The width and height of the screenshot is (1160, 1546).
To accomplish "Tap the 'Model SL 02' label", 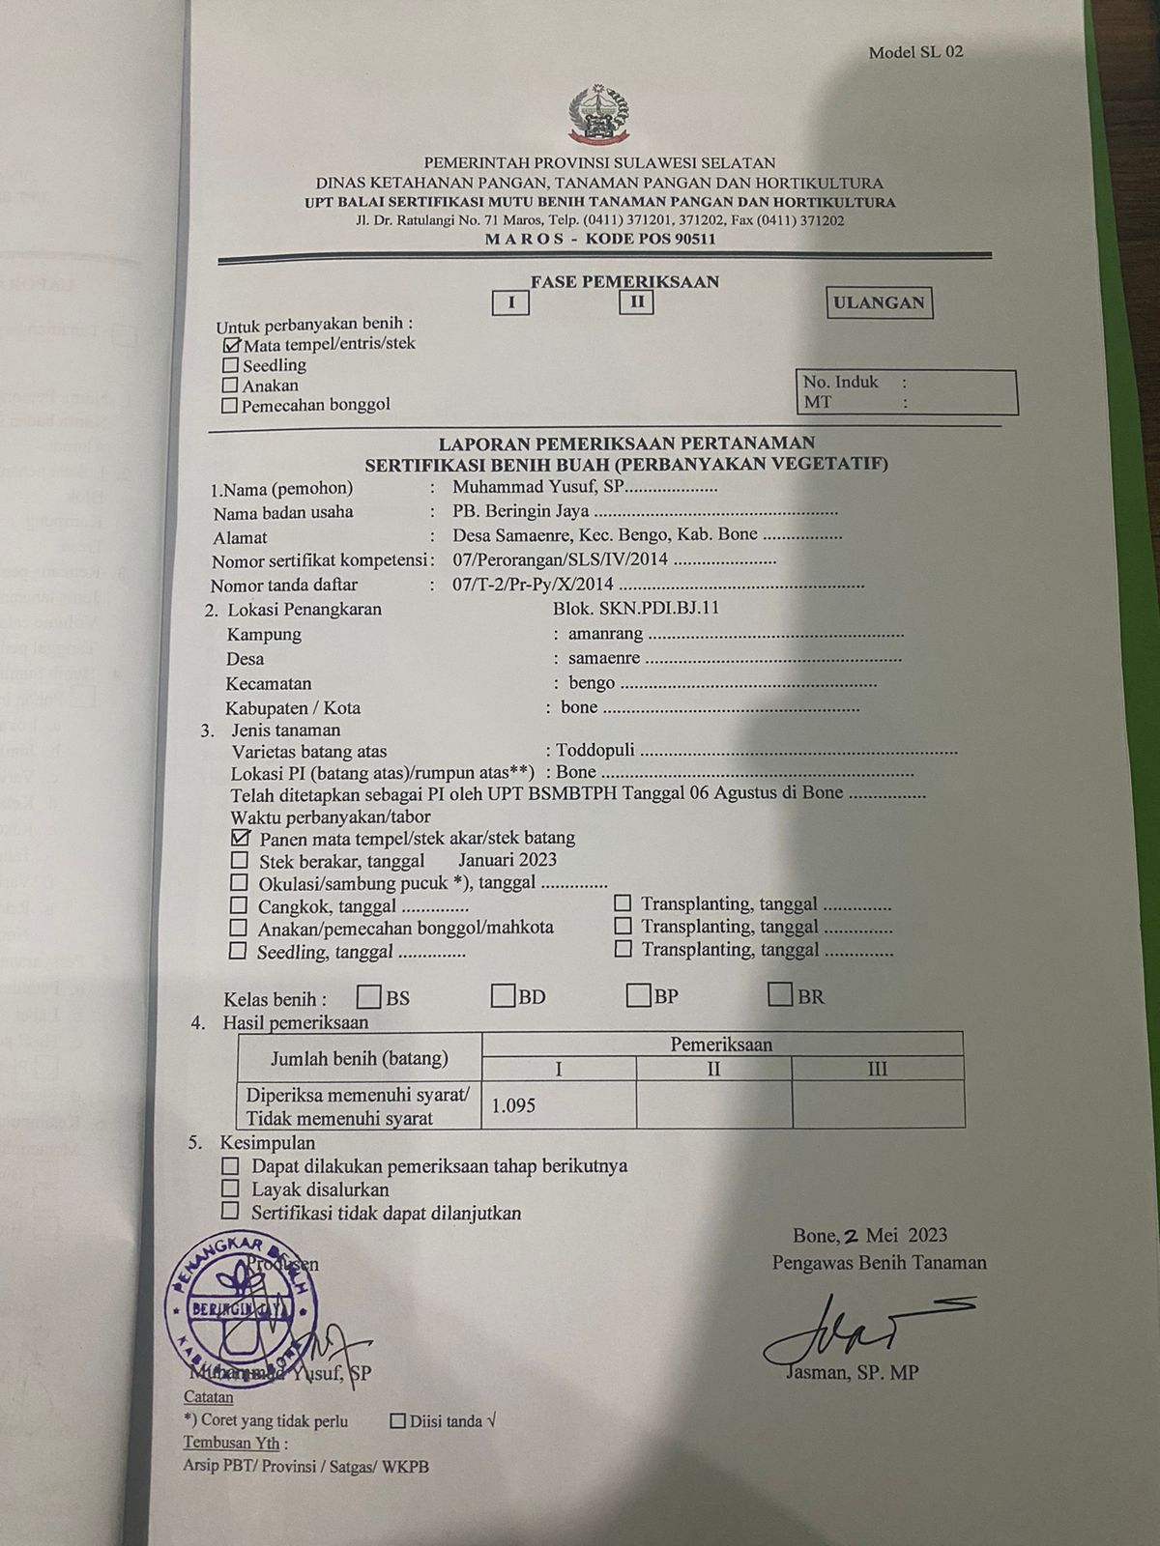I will coord(914,52).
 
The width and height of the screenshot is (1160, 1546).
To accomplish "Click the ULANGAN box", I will coord(879,302).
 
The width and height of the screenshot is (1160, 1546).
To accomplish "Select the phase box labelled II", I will coord(636,302).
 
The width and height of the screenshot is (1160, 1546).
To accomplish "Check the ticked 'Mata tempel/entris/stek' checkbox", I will coord(231,345).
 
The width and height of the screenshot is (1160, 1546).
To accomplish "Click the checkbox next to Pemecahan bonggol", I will coord(230,406).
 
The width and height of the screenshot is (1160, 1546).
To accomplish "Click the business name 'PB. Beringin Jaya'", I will coord(520,512).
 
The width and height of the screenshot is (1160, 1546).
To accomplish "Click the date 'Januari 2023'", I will coord(507,860).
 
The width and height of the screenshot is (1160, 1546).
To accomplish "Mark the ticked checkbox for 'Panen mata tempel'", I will coord(241,838).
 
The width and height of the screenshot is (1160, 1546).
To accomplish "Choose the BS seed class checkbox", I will coord(368,995).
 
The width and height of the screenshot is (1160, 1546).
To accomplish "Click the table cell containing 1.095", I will coord(558,1104).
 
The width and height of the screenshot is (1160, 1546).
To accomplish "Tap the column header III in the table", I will coord(877,1069).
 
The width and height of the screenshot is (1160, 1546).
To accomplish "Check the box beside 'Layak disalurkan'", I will coord(230,1189).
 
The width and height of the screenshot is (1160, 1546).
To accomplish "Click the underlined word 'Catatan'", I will coord(208,1397).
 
